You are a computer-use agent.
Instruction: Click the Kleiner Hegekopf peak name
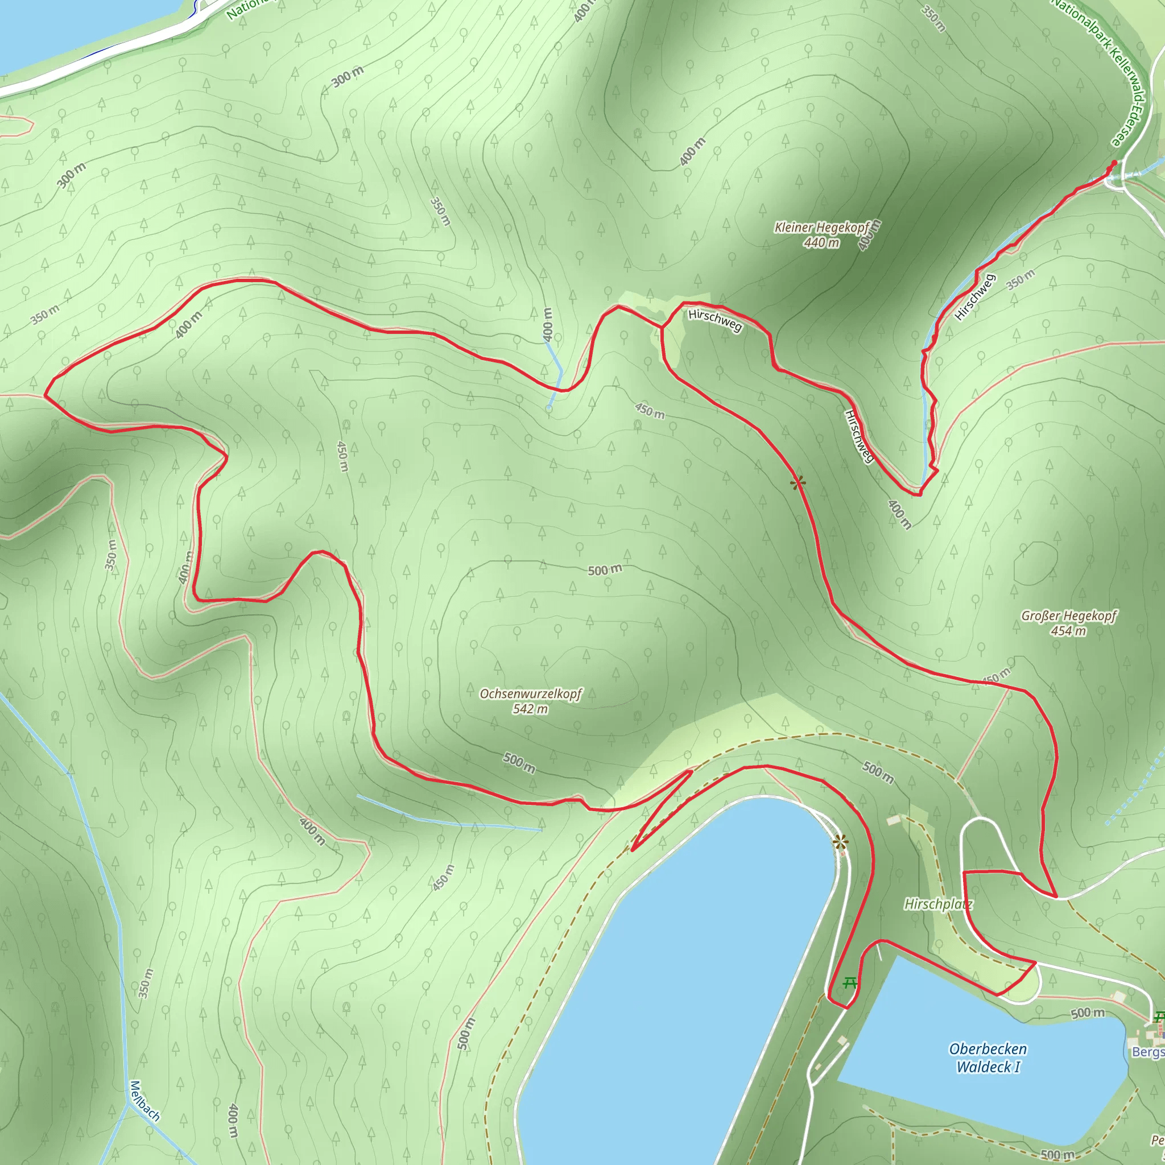tap(821, 228)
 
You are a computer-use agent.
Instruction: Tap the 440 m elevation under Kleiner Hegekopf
tap(821, 242)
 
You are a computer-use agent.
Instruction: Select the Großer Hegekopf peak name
tap(1068, 615)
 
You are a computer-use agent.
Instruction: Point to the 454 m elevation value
tap(1068, 631)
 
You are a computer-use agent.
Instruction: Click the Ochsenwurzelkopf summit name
tap(531, 693)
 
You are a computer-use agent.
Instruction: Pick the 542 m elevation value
tap(530, 709)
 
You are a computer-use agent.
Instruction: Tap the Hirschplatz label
tap(937, 904)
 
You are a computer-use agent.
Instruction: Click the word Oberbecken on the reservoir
tap(988, 1049)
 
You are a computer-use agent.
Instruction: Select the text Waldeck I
tap(988, 1067)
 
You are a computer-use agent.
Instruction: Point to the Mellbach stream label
tap(144, 1101)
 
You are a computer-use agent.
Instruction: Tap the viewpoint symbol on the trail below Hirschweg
tap(798, 482)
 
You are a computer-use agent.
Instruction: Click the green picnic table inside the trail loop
tap(850, 984)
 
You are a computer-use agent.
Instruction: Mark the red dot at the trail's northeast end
tap(1114, 163)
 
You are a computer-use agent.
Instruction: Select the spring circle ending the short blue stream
tap(548, 408)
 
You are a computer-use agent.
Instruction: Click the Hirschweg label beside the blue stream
tap(974, 297)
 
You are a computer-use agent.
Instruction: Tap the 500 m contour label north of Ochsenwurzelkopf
tap(604, 570)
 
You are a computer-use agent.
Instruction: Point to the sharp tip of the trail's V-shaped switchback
tap(632, 850)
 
